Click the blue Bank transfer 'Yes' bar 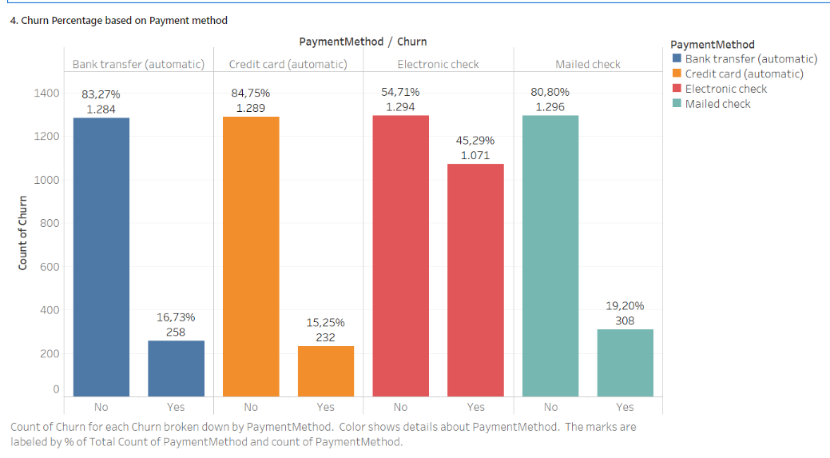[176, 368]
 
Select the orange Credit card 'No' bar [251, 256]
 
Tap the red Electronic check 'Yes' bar [475, 280]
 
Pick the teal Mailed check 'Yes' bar [625, 362]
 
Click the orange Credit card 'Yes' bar [325, 371]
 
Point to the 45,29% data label [475, 141]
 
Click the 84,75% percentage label [251, 93]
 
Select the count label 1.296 [550, 107]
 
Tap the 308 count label [625, 320]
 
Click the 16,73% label [176, 317]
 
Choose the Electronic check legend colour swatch [677, 89]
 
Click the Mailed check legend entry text [717, 104]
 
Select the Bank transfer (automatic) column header [138, 64]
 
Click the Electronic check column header [438, 64]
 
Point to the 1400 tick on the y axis [46, 94]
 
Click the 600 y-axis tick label [50, 267]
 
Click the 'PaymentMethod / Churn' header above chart [363, 42]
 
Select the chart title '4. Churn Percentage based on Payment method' [118, 21]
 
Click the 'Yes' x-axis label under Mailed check [625, 407]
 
